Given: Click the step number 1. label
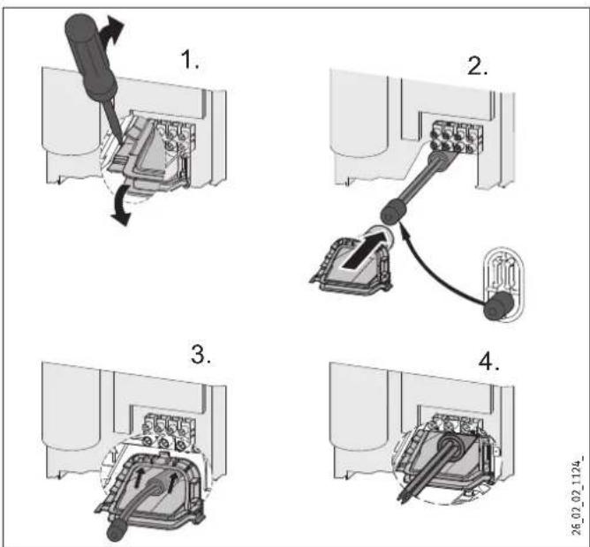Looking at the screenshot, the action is tap(190, 59).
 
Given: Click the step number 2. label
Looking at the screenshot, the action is tap(477, 66).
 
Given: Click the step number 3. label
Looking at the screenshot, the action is tap(200, 354).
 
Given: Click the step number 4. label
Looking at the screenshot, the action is tap(488, 362).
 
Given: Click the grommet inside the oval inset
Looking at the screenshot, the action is tap(497, 305).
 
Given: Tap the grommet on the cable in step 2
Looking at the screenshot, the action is tap(392, 212).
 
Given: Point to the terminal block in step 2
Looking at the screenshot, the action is tap(456, 137).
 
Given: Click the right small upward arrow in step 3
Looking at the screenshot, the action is tap(172, 483).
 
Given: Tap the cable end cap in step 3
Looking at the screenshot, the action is tap(117, 531).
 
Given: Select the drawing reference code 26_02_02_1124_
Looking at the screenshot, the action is tap(578, 495).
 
